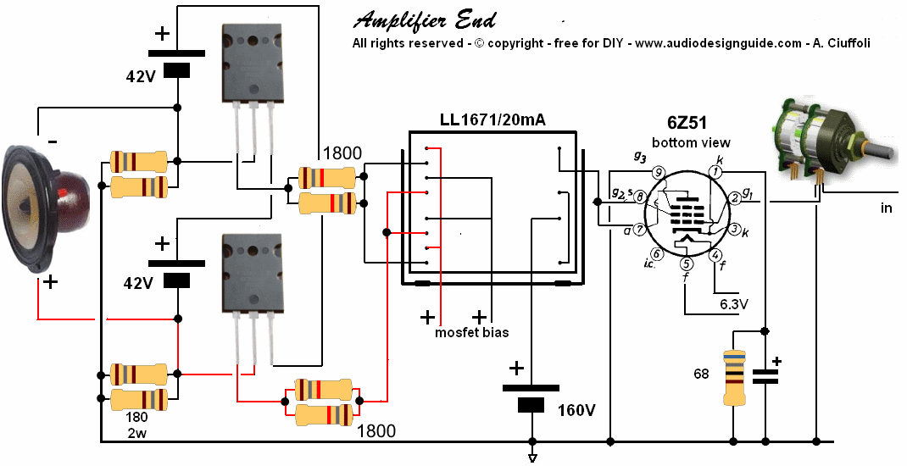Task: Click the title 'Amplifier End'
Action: tap(424, 19)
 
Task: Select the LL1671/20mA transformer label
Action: tap(492, 120)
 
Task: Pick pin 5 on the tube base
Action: tap(686, 263)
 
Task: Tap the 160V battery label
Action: tap(576, 411)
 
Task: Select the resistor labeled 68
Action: tap(733, 378)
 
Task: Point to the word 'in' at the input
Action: tap(887, 208)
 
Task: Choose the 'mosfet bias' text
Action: tap(472, 332)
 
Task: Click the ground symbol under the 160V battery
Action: tap(532, 458)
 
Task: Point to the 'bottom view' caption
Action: tap(692, 141)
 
